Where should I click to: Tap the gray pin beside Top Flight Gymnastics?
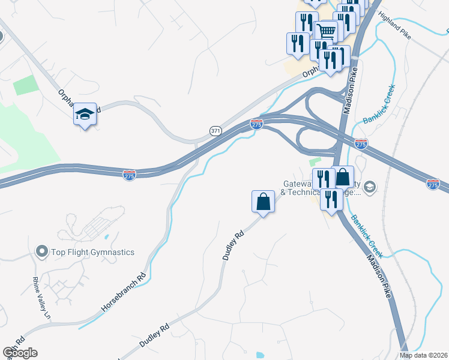(42, 251)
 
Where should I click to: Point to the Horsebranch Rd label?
(124, 292)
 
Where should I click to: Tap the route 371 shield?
(215, 130)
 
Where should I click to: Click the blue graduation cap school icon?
(85, 114)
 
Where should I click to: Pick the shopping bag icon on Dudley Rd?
(263, 200)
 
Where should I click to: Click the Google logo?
(20, 353)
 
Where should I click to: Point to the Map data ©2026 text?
(424, 355)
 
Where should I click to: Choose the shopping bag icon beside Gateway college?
(342, 177)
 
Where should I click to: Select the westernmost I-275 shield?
(129, 175)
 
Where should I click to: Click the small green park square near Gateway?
(313, 162)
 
